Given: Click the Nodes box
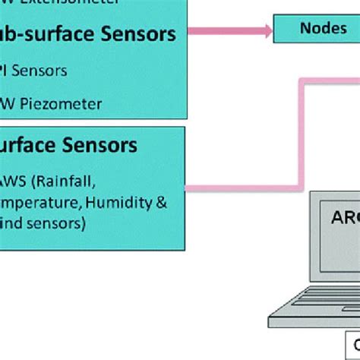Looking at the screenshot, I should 317,29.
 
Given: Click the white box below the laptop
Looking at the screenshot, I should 352,347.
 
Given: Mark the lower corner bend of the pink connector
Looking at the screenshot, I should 305,186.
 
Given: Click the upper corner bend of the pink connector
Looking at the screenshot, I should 305,80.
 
